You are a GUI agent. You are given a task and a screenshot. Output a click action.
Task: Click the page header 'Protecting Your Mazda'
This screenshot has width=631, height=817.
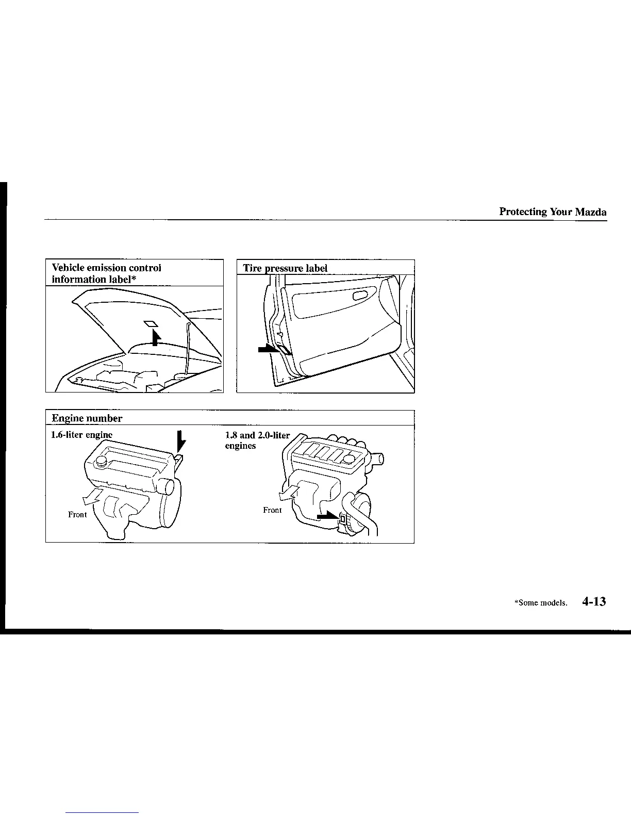click(x=552, y=212)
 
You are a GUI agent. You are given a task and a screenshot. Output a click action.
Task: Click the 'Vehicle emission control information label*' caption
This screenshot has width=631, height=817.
click(x=107, y=273)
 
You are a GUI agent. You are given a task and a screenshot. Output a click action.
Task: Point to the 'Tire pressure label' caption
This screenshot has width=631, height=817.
click(x=285, y=269)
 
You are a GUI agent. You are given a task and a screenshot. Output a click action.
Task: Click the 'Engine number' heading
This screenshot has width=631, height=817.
click(x=87, y=418)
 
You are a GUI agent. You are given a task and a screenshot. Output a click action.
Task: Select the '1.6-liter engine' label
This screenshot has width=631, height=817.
click(x=81, y=435)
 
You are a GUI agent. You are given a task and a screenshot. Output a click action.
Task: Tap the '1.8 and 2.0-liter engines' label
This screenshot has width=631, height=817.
click(x=257, y=440)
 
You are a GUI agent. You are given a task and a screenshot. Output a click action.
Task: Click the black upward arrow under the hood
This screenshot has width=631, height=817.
click(x=155, y=337)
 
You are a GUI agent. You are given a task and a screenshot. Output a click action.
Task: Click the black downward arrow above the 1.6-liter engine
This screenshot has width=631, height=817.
click(x=180, y=442)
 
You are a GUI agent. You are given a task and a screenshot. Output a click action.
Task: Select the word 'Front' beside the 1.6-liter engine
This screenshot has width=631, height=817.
click(x=77, y=514)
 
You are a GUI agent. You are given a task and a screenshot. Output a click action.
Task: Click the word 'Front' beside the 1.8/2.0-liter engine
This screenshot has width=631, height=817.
click(x=272, y=510)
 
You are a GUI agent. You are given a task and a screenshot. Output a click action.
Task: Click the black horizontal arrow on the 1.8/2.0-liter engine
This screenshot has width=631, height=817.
click(x=327, y=516)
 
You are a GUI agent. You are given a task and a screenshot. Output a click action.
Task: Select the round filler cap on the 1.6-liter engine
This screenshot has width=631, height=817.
click(x=101, y=461)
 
